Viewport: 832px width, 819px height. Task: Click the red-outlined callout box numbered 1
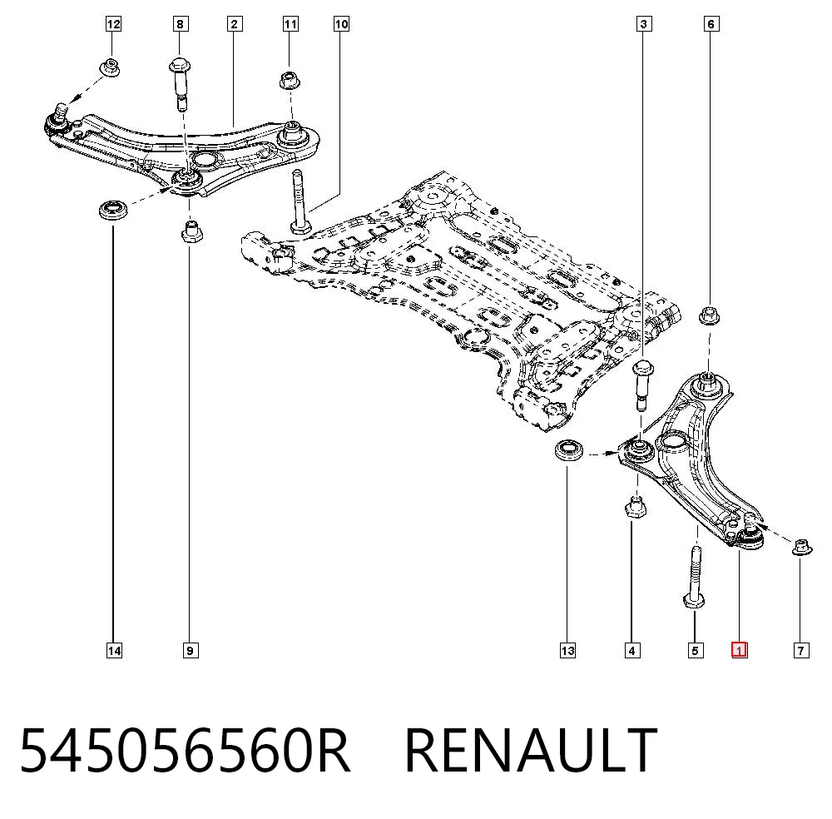pos(739,650)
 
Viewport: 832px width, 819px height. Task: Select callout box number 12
pos(113,24)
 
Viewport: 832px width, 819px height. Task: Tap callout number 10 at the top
pos(341,24)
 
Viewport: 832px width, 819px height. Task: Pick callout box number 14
pos(114,650)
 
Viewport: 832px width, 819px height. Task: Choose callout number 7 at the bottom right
pos(800,650)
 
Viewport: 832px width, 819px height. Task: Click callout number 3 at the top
pos(644,24)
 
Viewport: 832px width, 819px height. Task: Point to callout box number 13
pos(567,650)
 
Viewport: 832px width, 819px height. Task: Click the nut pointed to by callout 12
pos(111,67)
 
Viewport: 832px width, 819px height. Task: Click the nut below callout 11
pos(290,80)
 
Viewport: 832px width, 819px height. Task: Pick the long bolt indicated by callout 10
pos(300,201)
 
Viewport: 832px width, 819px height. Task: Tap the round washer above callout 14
pos(113,211)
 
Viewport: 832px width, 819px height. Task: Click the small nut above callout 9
pos(191,231)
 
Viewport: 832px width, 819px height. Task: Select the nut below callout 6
pos(709,315)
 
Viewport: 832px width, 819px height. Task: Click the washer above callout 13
pos(569,451)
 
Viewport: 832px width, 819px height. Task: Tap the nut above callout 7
pos(802,546)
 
